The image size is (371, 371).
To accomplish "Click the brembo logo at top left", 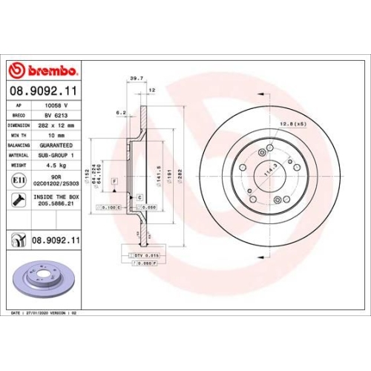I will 42,70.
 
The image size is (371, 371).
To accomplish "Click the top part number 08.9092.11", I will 42,91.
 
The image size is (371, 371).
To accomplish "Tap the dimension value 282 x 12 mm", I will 61,126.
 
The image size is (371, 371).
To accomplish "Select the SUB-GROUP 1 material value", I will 59,155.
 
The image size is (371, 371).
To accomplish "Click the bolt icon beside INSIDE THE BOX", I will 17,200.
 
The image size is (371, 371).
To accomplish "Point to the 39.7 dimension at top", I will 136,76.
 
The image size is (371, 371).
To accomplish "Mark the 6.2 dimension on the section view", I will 120,114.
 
